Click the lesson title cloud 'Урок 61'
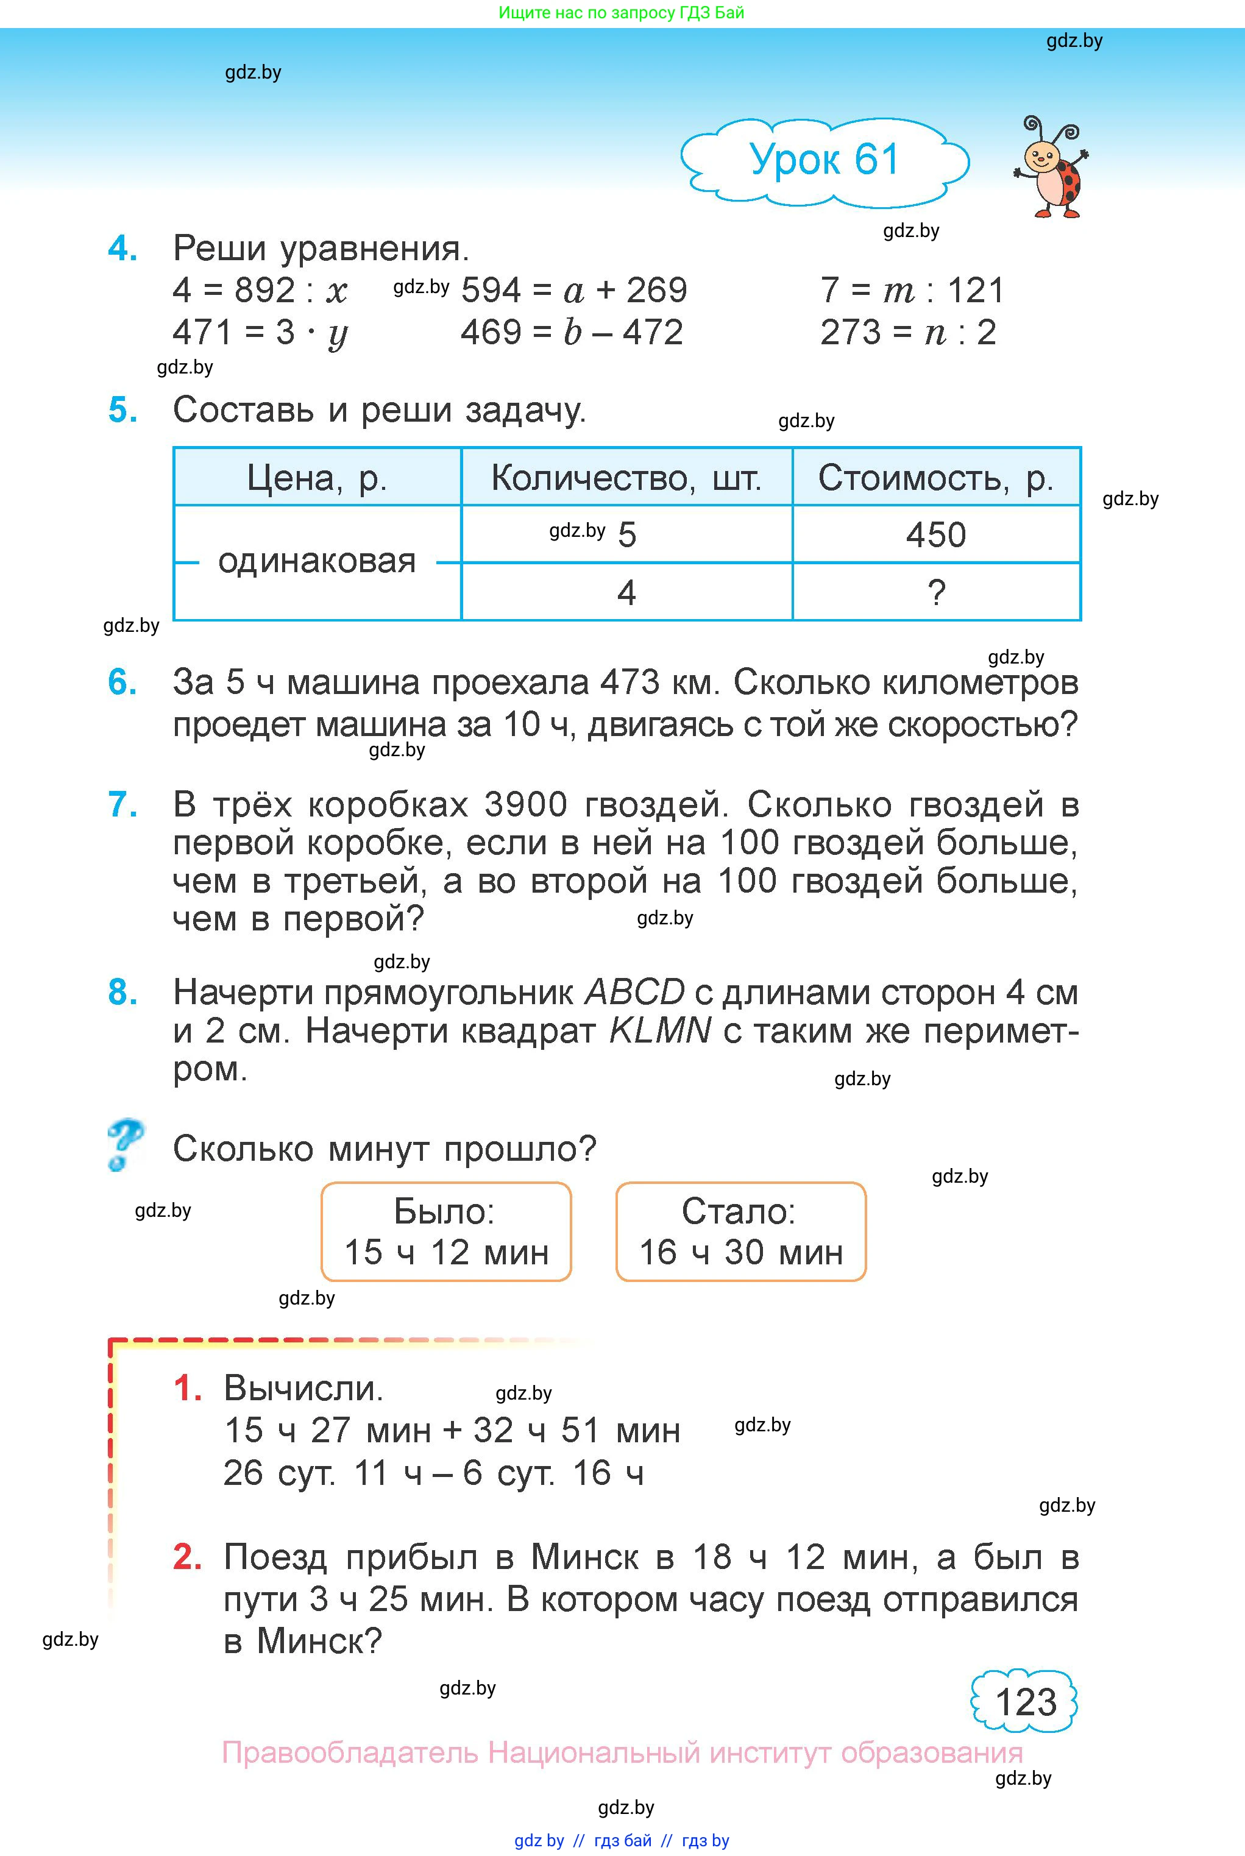click(824, 160)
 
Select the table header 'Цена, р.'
click(317, 478)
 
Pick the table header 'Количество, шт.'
click(626, 478)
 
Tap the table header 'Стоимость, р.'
click(936, 478)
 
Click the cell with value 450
click(936, 535)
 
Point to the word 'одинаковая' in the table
click(317, 562)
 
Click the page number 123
click(1025, 1702)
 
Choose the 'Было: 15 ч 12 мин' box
click(446, 1231)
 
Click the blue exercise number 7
click(122, 805)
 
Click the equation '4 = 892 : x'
click(260, 291)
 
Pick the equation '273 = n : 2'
click(907, 333)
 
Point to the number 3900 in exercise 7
click(526, 805)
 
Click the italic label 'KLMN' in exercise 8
click(660, 1031)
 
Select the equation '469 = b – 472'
click(572, 333)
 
